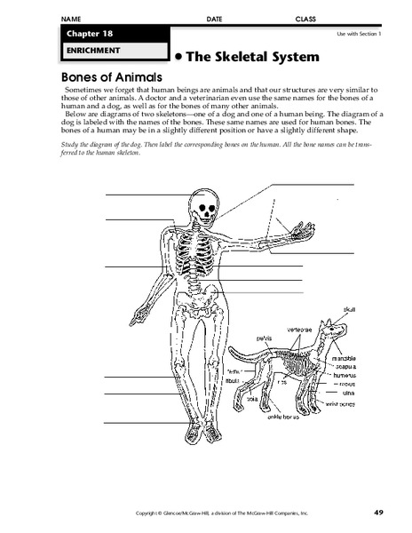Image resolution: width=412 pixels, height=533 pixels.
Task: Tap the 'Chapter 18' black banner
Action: tap(110, 34)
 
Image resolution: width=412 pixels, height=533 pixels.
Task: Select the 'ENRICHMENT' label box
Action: tap(110, 52)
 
